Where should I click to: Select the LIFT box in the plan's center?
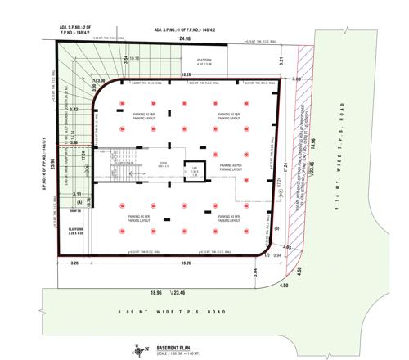pyautogui.click(x=196, y=168)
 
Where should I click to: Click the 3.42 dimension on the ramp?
pyautogui.click(x=74, y=109)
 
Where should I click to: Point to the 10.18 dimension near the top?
pyautogui.click(x=134, y=59)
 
